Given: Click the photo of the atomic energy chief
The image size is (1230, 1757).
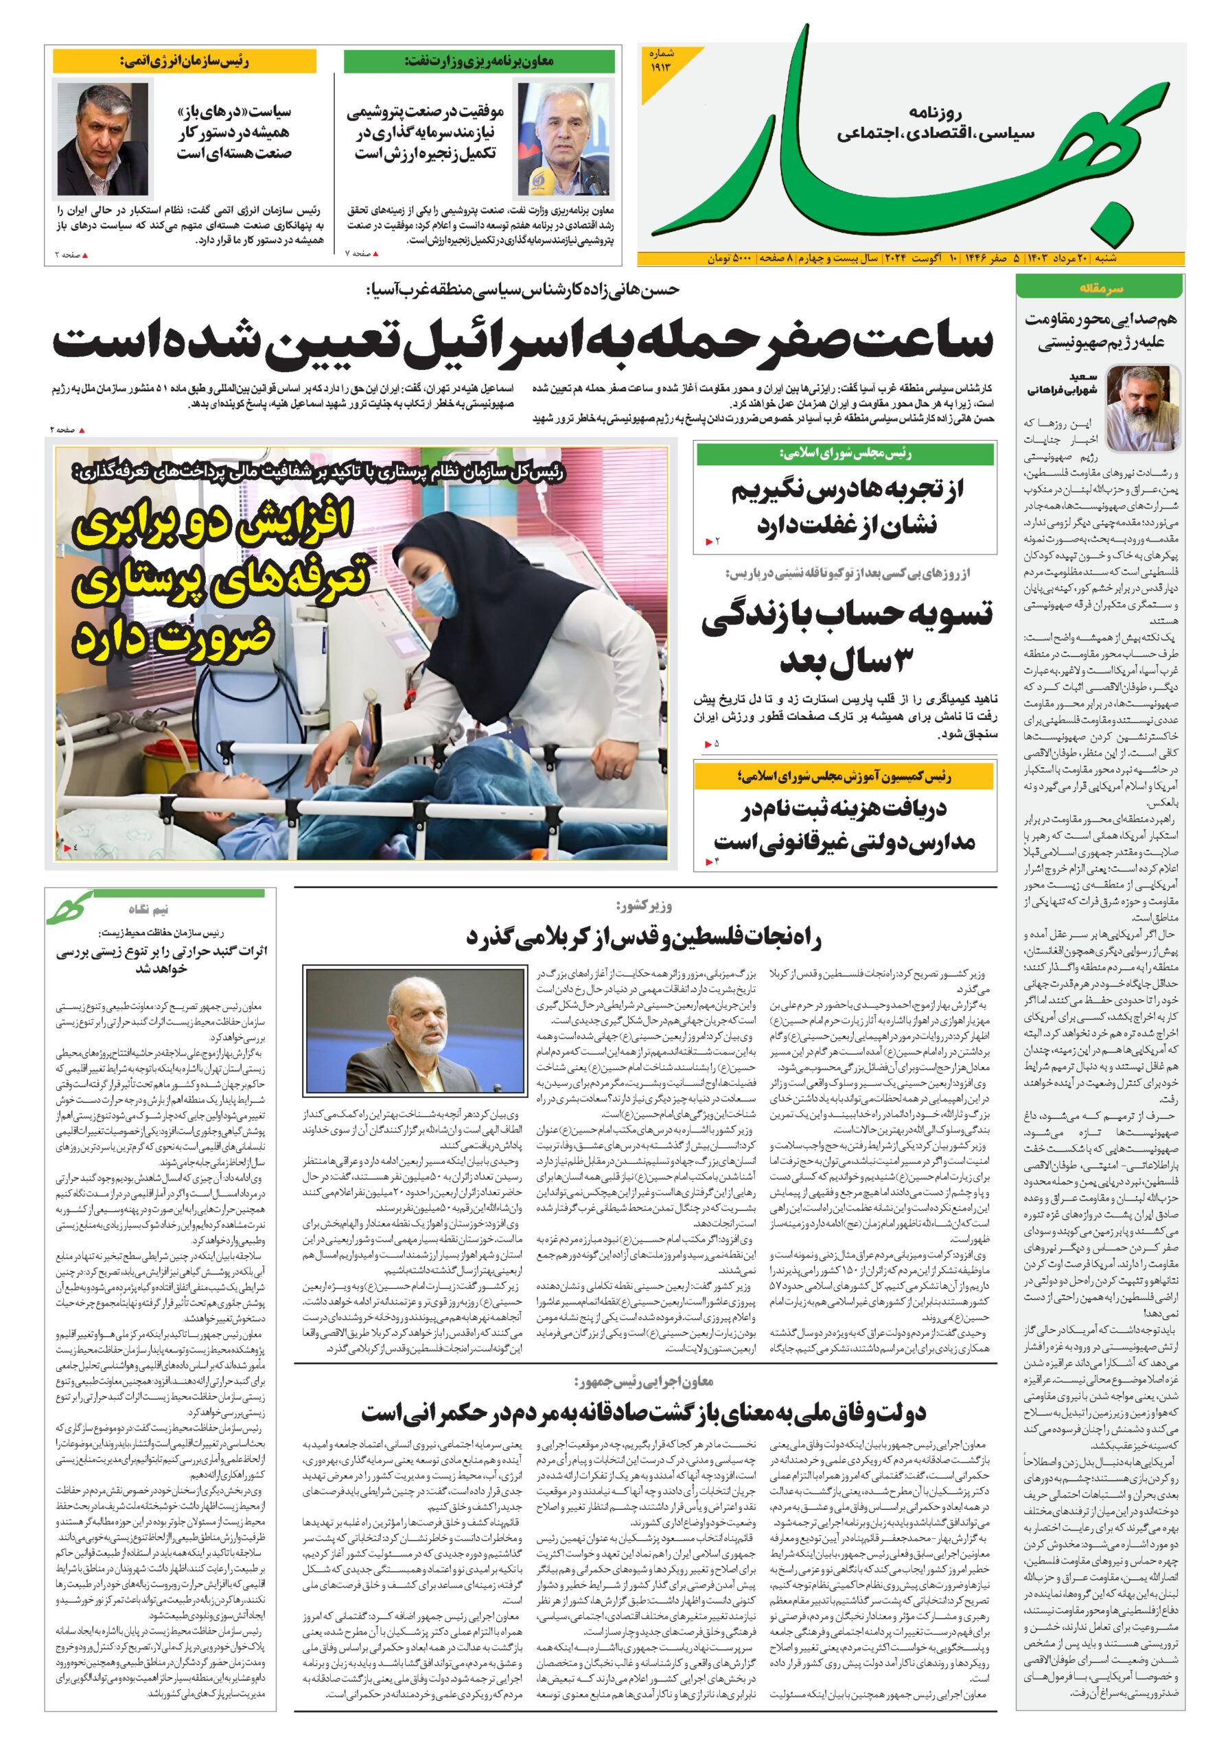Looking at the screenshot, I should pyautogui.click(x=104, y=139).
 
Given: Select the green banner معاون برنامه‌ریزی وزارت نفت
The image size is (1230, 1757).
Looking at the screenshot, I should pyautogui.click(x=478, y=61).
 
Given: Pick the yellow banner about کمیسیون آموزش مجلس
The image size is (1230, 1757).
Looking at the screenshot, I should pyautogui.click(x=844, y=777).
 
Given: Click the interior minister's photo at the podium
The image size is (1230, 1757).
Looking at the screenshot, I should pyautogui.click(x=414, y=1031).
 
